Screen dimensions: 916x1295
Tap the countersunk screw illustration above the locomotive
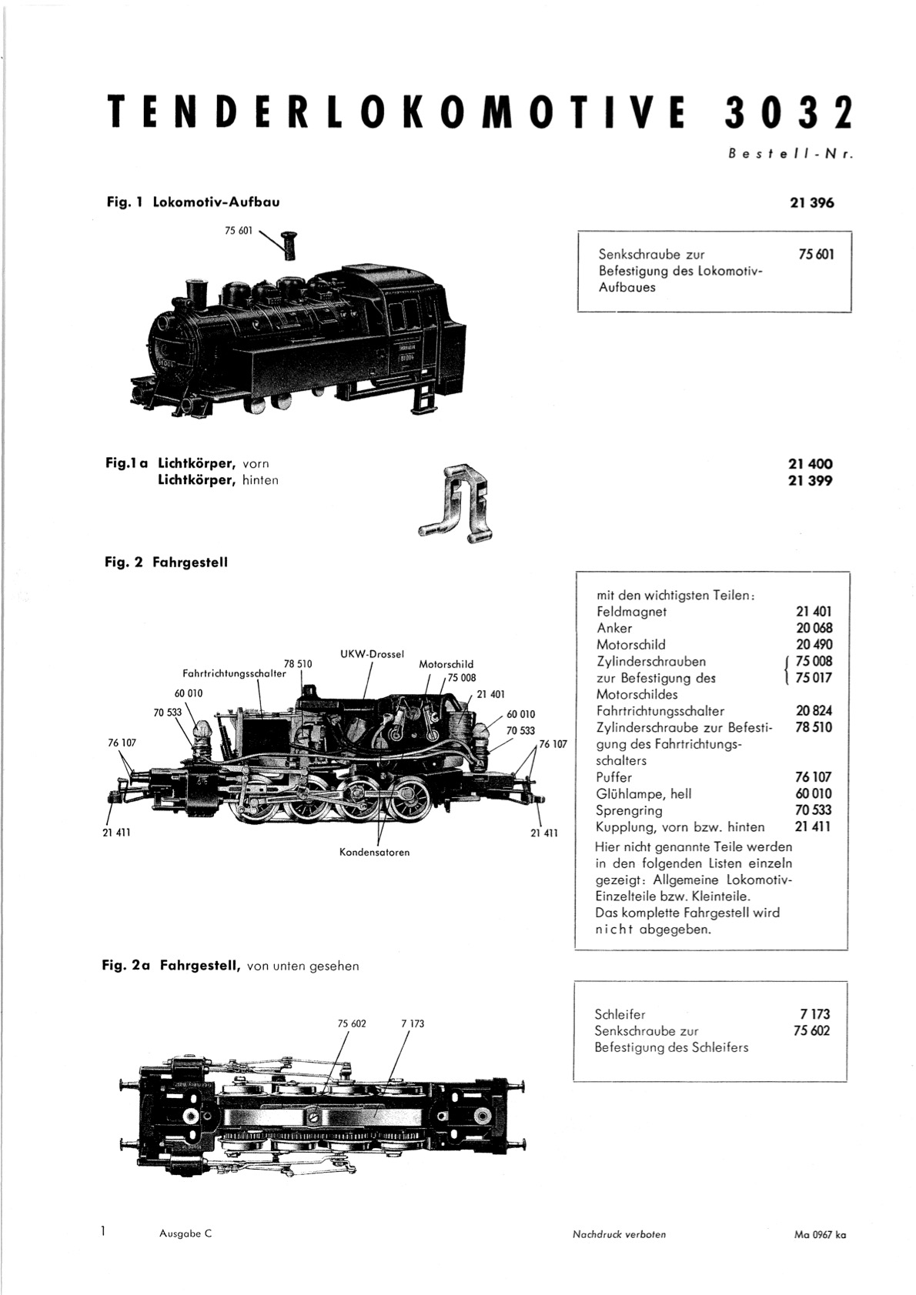click(x=290, y=245)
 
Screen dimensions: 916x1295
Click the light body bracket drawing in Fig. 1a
click(x=456, y=501)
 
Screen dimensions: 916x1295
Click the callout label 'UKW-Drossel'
click(x=371, y=654)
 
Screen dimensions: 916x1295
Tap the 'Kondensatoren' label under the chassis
click(x=374, y=852)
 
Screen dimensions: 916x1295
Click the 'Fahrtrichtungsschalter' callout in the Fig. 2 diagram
click(x=234, y=674)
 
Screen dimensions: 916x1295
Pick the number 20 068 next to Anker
click(x=814, y=628)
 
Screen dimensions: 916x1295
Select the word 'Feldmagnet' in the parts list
click(x=631, y=612)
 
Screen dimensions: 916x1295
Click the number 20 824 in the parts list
click(x=814, y=711)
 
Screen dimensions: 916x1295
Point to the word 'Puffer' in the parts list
click(x=614, y=778)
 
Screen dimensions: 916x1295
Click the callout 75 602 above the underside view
click(x=353, y=1023)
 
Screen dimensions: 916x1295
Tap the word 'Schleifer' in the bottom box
click(x=620, y=1014)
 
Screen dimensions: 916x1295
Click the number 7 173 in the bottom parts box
click(x=815, y=1014)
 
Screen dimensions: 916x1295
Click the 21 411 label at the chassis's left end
click(x=116, y=833)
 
